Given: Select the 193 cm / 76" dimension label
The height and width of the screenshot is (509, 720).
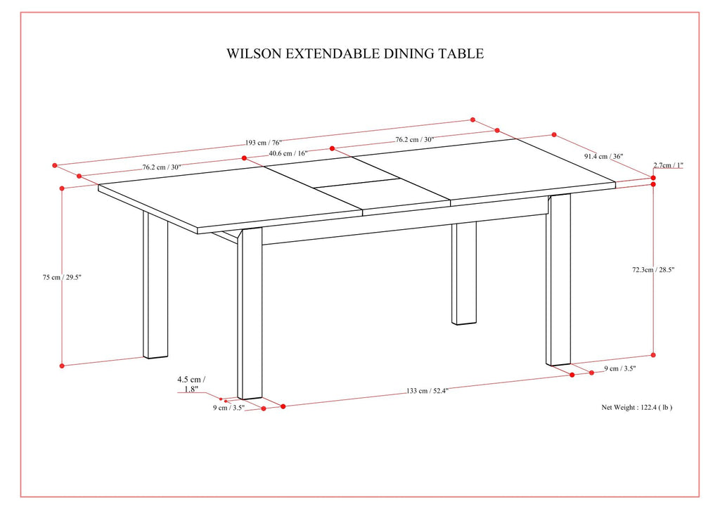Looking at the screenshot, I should pyautogui.click(x=264, y=143).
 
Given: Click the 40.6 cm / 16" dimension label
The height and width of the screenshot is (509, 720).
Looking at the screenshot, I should pyautogui.click(x=288, y=153).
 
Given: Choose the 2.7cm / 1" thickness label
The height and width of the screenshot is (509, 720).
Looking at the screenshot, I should pyautogui.click(x=668, y=165).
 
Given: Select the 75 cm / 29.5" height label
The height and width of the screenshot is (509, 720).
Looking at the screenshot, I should pyautogui.click(x=62, y=277).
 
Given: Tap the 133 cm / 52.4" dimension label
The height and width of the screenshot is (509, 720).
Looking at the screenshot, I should pyautogui.click(x=427, y=391).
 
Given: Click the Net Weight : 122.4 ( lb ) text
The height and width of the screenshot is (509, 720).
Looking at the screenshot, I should pyautogui.click(x=636, y=407).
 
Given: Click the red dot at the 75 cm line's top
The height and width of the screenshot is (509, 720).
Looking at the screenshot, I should pyautogui.click(x=63, y=188).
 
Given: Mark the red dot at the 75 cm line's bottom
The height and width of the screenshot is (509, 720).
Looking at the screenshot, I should pyautogui.click(x=63, y=366).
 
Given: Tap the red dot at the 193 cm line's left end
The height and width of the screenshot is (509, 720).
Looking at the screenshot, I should pyautogui.click(x=54, y=166).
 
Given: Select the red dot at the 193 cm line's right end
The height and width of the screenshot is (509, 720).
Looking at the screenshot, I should pyautogui.click(x=473, y=120).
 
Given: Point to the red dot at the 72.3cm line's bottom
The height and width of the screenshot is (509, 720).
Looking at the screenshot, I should pyautogui.click(x=653, y=355).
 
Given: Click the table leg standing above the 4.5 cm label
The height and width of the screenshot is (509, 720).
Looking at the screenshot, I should pyautogui.click(x=250, y=316).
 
